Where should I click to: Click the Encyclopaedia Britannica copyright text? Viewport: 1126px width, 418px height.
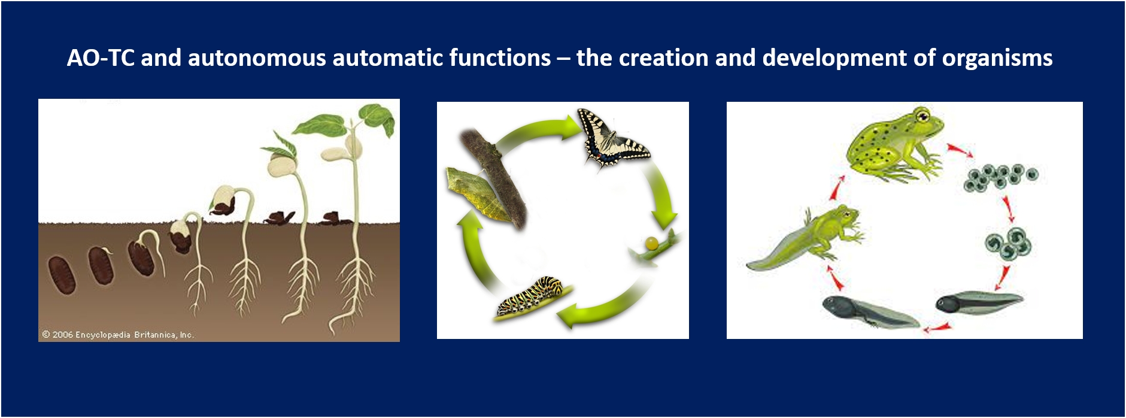118,334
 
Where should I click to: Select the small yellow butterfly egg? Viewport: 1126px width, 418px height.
651,243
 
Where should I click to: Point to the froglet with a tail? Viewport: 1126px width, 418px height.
805,238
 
